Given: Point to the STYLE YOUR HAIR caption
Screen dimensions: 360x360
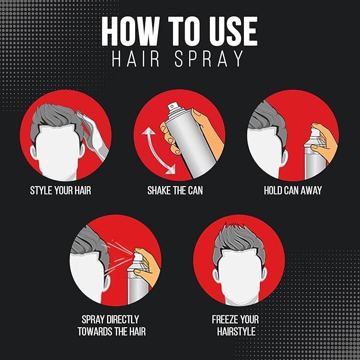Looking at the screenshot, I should click(x=60, y=190).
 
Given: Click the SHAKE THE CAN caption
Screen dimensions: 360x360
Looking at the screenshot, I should click(x=175, y=190).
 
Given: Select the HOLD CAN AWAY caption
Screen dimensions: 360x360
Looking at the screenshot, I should click(x=293, y=190).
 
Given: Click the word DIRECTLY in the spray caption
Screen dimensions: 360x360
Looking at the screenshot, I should click(x=120, y=320).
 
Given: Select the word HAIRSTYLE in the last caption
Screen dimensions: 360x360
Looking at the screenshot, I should click(x=236, y=332).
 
